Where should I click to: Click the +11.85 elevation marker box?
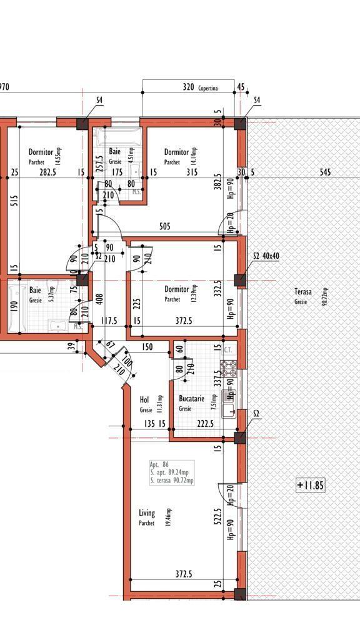point(311,485)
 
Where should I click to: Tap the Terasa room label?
point(304,292)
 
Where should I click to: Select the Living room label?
point(147,513)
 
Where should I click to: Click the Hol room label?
point(144,399)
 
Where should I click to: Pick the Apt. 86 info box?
point(171,472)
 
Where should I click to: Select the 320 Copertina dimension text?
point(199,88)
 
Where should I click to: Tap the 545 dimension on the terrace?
point(325,172)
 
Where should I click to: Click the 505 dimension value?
point(165,227)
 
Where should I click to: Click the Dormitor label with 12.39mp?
point(177,289)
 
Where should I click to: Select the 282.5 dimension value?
point(47,172)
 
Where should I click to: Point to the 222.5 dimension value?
point(205,423)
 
